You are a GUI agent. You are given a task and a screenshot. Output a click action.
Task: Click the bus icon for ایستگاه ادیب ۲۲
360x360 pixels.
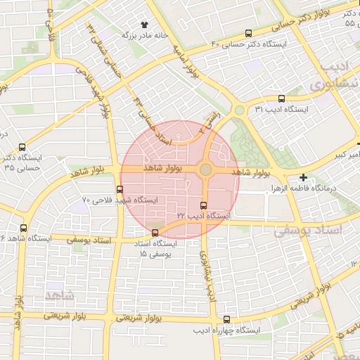(204, 205)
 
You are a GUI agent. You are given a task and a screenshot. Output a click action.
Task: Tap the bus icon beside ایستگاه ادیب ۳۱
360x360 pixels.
(282, 98)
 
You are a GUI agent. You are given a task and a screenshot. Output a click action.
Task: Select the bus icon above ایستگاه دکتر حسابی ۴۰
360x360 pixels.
(249, 33)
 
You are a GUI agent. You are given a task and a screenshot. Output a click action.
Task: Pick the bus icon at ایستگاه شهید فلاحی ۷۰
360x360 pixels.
(119, 189)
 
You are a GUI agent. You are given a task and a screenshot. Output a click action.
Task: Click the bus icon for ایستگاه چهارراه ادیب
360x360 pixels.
(226, 320)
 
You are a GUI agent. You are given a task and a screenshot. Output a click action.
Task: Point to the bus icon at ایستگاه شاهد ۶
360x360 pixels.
(24, 228)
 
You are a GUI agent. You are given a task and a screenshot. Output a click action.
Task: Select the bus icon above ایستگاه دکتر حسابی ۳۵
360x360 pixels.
(22, 148)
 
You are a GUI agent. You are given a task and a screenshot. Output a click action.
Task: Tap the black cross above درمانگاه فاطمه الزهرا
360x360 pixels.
(303, 178)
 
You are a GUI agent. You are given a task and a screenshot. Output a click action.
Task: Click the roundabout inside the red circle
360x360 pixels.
(205, 169)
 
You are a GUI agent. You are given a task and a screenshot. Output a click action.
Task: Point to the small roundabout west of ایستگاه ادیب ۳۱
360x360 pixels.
(240, 110)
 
